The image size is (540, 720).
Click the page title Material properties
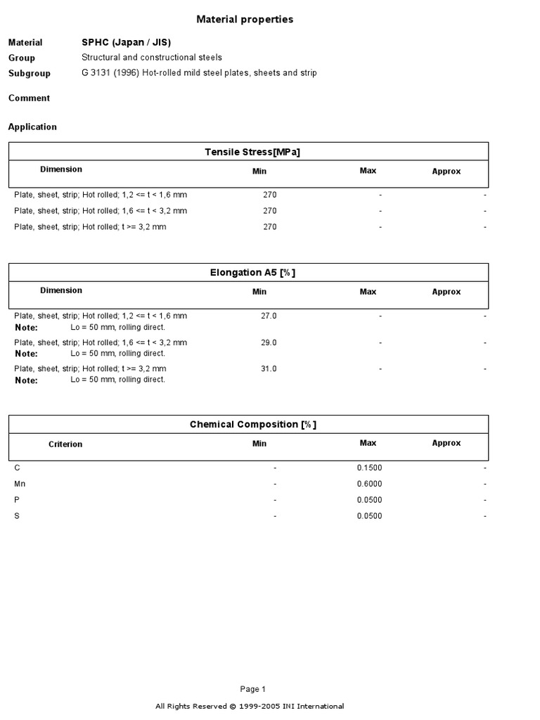click(x=245, y=20)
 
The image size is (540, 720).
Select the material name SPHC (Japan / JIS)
click(x=126, y=42)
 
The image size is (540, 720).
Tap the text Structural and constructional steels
click(x=152, y=58)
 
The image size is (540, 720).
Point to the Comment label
click(x=29, y=98)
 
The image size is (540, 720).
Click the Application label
click(x=32, y=127)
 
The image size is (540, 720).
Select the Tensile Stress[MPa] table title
click(x=252, y=152)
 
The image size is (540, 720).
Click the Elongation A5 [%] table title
click(x=252, y=273)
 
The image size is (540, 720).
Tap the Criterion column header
click(x=65, y=444)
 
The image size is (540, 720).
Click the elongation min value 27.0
click(x=269, y=316)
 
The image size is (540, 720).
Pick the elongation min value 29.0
click(x=269, y=342)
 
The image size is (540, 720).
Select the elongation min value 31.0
click(x=269, y=368)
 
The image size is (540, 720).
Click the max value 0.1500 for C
click(x=370, y=468)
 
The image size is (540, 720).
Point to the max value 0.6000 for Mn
click(x=370, y=484)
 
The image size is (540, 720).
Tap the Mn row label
click(x=20, y=484)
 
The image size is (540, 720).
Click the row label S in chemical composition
click(x=17, y=517)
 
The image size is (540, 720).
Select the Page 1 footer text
click(x=252, y=690)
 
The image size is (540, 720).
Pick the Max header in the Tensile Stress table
click(x=368, y=171)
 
